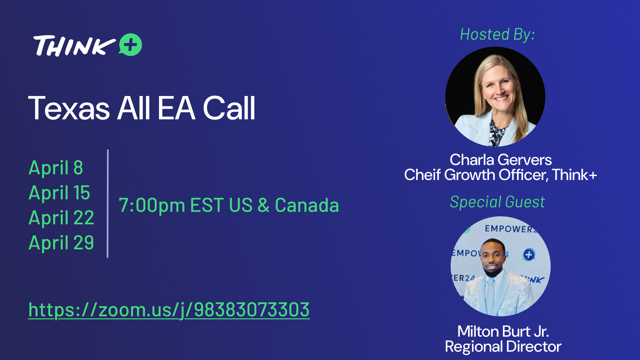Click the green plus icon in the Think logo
130,45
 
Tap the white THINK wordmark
74,46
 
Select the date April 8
56,168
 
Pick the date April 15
59,193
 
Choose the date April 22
61,218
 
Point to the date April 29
61,243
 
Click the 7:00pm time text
152,205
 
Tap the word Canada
307,205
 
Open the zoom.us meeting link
169,310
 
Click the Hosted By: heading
498,35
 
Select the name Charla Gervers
501,160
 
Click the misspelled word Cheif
422,175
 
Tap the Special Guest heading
497,202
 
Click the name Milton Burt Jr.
503,331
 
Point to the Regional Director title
503,347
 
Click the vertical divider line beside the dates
108,203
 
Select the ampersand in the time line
263,205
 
